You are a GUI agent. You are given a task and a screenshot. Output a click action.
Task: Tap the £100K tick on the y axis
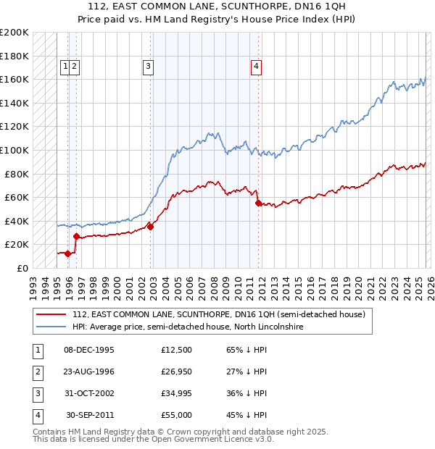click(x=14, y=150)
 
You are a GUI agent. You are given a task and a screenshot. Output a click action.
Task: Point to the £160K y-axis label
click(x=14, y=79)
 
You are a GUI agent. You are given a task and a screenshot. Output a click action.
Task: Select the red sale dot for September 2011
click(x=258, y=203)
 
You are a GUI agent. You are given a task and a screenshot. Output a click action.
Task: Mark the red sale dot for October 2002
click(x=151, y=227)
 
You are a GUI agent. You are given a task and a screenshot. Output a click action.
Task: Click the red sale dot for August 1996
click(x=77, y=236)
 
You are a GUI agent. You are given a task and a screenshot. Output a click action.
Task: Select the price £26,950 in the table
click(x=177, y=372)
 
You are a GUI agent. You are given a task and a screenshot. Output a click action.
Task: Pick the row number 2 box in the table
click(x=37, y=372)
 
